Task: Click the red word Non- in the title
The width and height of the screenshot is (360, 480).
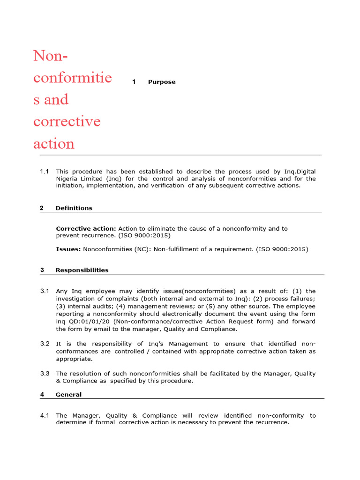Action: coord(51,56)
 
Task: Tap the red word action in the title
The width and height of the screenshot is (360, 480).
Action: coord(54,143)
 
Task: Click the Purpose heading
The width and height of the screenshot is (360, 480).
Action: coord(162,82)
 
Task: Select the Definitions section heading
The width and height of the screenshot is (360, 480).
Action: coord(74,208)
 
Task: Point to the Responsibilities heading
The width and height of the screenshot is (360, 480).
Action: coord(82,270)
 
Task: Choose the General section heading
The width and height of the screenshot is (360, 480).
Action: coord(68,395)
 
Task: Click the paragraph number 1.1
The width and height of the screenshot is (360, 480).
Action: coord(45,172)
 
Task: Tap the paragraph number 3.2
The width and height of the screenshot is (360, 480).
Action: coord(45,344)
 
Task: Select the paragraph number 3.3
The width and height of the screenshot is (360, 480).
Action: coord(45,374)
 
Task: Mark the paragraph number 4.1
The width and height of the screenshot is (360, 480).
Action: coord(45,415)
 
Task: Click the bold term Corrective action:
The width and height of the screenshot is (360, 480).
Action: coord(86,229)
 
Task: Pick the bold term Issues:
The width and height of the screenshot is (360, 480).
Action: coord(68,249)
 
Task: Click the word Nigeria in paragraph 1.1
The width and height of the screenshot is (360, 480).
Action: coord(68,179)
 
